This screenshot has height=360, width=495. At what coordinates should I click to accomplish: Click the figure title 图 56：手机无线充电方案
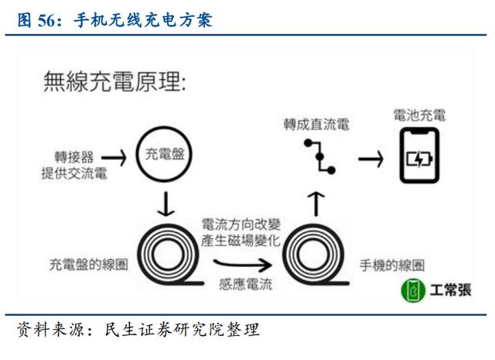click(115, 21)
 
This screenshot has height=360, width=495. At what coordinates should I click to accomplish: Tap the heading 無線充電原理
click(114, 81)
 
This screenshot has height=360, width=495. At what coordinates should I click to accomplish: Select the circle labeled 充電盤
click(164, 154)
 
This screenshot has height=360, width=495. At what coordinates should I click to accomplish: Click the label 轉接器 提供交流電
click(74, 166)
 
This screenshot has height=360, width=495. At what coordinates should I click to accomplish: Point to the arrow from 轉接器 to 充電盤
click(114, 157)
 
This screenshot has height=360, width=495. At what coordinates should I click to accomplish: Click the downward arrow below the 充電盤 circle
click(166, 204)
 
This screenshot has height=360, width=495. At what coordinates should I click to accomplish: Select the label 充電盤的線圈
click(88, 265)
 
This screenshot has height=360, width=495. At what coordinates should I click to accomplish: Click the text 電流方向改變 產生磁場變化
click(241, 232)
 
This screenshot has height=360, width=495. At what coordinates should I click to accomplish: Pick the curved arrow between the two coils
click(242, 265)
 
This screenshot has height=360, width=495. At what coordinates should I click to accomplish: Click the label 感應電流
click(246, 284)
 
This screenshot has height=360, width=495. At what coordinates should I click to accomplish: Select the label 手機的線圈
click(392, 266)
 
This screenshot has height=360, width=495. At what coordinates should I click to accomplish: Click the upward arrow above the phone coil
click(316, 204)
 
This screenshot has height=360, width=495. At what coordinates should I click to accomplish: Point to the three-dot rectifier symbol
click(319, 156)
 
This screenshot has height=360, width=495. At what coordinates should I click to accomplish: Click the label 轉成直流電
click(316, 124)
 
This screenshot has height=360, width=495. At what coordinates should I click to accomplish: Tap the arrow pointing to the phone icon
click(371, 159)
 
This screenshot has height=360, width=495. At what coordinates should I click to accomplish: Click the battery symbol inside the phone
click(419, 159)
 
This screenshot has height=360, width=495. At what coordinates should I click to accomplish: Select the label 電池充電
click(419, 115)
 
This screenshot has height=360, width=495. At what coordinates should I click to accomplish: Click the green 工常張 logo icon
click(413, 290)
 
